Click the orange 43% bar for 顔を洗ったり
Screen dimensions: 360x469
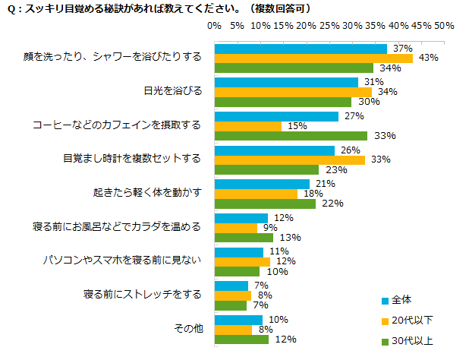tap(313, 58)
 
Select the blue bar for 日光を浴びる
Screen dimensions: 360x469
tap(286, 82)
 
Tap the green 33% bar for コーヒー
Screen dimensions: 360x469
tap(291, 136)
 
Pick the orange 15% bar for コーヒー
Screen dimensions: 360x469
tap(249, 126)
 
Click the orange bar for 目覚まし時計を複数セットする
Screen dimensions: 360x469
tap(290, 160)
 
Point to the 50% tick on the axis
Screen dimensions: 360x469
tap(444, 26)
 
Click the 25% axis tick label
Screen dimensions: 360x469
tap(329, 26)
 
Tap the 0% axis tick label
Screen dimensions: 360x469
tap(215, 26)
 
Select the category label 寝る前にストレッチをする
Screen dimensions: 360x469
tap(142, 294)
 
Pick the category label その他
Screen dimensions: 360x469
tap(188, 328)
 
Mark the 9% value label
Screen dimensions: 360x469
tap(270, 227)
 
